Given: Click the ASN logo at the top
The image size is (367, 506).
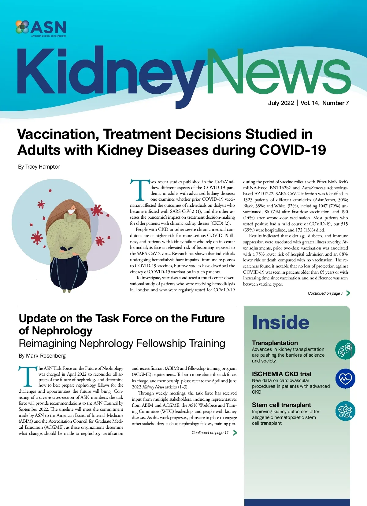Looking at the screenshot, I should (x=41, y=28).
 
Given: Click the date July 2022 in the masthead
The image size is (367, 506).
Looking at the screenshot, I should (x=281, y=103).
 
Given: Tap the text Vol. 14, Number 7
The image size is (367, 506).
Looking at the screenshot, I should (x=324, y=103).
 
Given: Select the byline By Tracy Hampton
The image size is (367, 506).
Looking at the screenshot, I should (x=39, y=167).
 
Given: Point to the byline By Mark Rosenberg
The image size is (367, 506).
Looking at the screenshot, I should (x=42, y=356).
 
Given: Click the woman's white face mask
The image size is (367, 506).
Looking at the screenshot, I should (x=71, y=211).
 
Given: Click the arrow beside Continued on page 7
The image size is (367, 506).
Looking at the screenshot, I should (x=348, y=293).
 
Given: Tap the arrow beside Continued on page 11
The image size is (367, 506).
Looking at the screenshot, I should (x=235, y=433).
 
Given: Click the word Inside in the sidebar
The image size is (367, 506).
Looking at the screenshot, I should (x=280, y=322).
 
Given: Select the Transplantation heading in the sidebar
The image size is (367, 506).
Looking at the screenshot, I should (x=275, y=343).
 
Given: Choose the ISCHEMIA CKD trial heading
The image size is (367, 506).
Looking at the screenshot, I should (x=281, y=374).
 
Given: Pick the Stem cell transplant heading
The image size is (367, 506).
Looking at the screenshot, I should (x=281, y=405).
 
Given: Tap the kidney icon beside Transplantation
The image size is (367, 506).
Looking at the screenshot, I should (x=345, y=350).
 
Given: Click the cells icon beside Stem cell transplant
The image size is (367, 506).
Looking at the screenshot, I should (x=345, y=411).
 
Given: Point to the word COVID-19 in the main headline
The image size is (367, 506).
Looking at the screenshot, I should (x=292, y=150).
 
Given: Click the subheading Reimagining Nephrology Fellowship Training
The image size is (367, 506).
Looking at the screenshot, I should (x=122, y=344).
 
